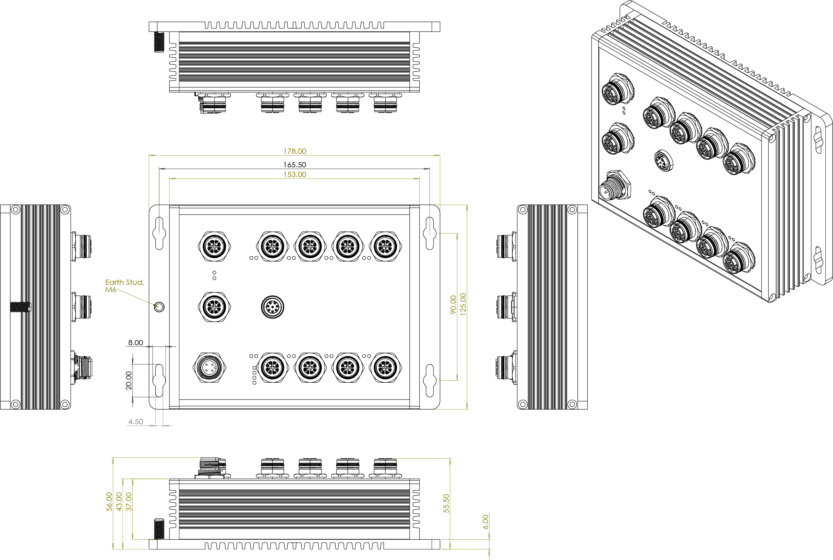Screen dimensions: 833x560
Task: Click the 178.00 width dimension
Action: coord(295,151)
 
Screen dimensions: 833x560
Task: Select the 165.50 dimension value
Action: coord(295,165)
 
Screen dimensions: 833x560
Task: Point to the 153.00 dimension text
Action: coord(295,174)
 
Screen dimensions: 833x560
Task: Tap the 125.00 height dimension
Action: coord(463,304)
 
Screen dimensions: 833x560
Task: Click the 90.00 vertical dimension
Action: coord(453,305)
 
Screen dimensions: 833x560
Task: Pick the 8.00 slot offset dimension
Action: coord(136,342)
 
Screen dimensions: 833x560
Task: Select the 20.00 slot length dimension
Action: coord(129,380)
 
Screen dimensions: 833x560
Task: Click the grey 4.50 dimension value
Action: coord(136,421)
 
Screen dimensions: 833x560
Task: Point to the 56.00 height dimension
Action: coord(109,502)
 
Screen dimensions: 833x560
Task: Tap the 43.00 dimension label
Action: coord(119,502)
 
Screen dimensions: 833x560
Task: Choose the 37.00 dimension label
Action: coord(129,502)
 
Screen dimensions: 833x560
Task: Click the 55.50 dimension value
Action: coord(446,503)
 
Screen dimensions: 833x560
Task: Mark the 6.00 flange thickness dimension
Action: coord(485,522)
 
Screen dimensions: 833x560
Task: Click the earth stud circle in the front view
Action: coord(159,306)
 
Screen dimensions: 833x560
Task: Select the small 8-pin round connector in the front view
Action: coord(273,306)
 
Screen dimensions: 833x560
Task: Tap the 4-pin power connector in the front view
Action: coord(209,367)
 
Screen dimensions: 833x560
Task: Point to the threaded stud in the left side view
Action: coord(20,306)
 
